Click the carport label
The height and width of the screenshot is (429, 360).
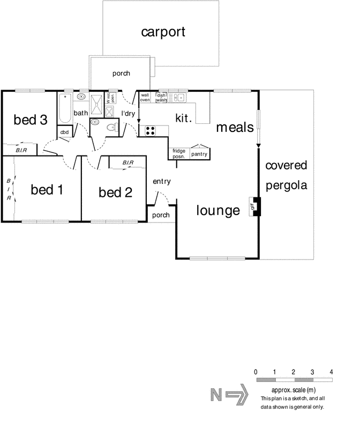coord(163,32)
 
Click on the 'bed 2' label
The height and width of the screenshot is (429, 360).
coord(115,192)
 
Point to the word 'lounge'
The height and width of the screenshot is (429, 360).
coord(217,211)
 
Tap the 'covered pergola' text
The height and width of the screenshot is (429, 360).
coord(287,175)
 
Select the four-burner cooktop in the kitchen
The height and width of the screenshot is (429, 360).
coord(148,130)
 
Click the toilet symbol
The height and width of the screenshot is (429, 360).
coord(110,127)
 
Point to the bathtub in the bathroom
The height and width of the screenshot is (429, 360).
coord(65,108)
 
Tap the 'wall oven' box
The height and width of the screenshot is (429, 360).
coord(145,98)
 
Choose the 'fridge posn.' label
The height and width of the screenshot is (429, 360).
coord(179,154)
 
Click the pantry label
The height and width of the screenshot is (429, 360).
coord(199,154)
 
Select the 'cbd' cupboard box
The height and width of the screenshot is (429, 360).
coord(64,132)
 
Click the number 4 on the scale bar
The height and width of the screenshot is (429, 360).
coord(332,372)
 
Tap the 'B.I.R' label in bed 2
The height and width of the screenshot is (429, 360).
coord(128,162)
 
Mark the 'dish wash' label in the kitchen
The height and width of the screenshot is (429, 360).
coord(161,98)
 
